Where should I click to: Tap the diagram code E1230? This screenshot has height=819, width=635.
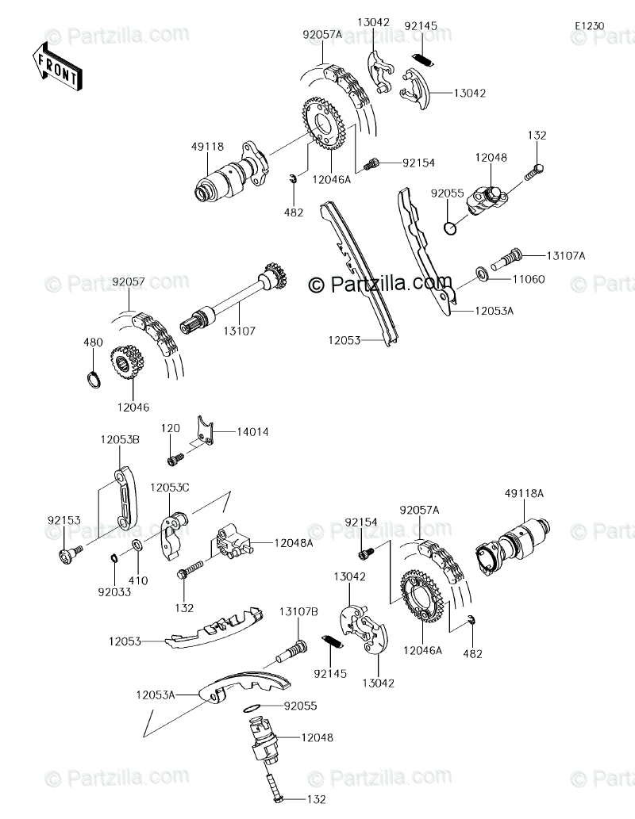point(590,26)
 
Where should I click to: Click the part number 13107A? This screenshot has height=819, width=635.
point(565,255)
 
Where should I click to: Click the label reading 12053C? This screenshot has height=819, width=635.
point(170,487)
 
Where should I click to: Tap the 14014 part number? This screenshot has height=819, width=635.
point(252,432)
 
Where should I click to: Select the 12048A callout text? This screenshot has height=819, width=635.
point(294,543)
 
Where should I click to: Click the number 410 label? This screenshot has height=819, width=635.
point(139,580)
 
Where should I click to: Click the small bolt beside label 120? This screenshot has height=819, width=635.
point(175,458)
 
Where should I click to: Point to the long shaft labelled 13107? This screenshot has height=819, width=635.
point(234,305)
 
